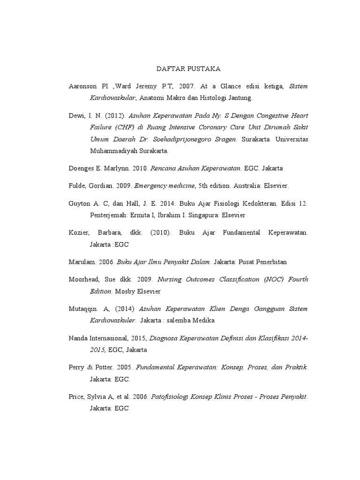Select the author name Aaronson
pos(82,87)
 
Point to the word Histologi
pos(213,98)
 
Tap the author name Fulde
pos(77,186)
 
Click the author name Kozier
pos(77,232)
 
